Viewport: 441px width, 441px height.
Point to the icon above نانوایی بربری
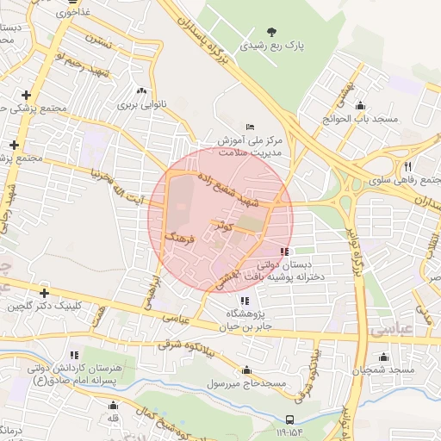pos(141,90)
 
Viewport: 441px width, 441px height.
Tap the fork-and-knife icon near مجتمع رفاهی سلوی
pos(407,166)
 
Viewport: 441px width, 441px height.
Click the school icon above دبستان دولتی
pos(284,252)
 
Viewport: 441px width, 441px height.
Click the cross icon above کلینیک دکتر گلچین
pos(44,293)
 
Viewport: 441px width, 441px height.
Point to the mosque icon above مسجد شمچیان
pos(383,357)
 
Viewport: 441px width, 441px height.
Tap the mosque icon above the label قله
pos(113,405)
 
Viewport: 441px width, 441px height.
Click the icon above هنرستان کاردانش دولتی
pos(74,354)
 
